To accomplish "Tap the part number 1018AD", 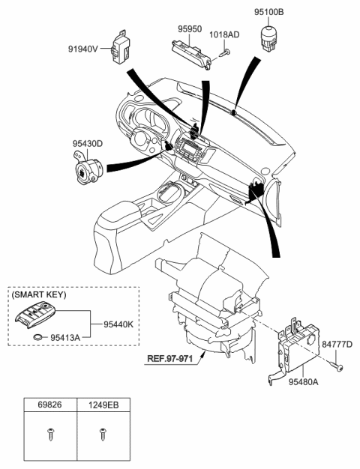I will [x=223, y=34].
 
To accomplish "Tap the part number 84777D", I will [x=336, y=344].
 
